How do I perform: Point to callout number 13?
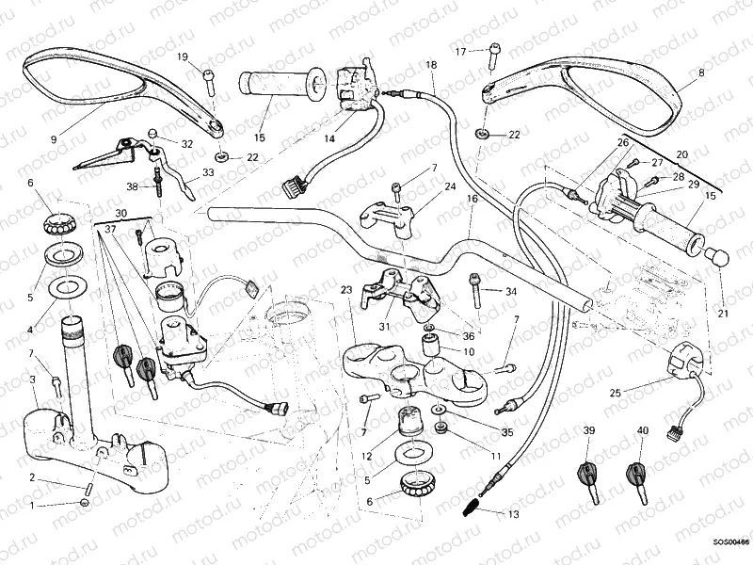pos(513,514)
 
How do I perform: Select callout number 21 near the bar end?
pos(723,314)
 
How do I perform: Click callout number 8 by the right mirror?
pos(700,72)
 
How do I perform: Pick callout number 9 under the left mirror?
pos(54,138)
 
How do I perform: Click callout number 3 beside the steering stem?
pos(33,379)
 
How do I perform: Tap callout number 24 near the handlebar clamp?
pos(450,187)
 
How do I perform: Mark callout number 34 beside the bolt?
pos(511,292)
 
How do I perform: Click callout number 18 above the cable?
pos(431,64)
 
